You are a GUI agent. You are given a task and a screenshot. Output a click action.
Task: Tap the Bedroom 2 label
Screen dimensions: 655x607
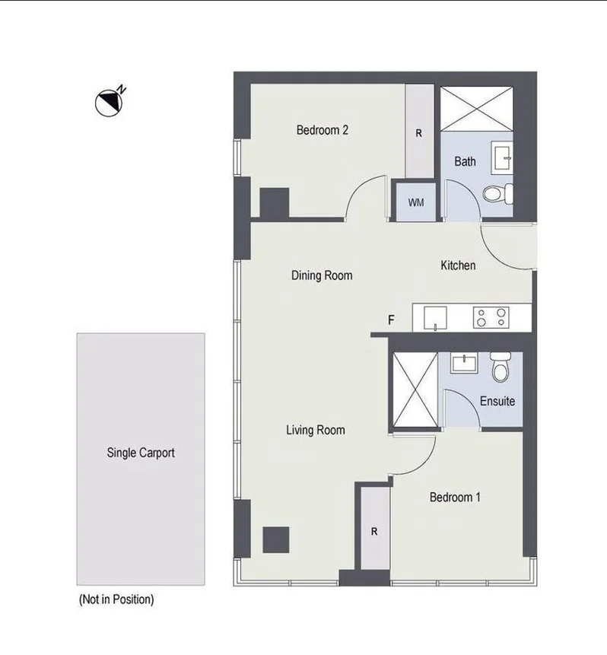coord(322,130)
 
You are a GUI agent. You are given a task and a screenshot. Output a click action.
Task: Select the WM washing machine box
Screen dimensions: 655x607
coord(415,202)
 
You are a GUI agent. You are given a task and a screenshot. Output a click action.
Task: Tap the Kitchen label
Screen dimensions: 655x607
coord(458,265)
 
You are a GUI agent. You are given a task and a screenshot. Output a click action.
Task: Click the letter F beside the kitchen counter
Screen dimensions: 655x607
coord(391,320)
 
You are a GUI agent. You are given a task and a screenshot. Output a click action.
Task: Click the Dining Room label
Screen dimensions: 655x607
coord(322,275)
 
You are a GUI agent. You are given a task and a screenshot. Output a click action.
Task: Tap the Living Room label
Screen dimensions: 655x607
coord(315,431)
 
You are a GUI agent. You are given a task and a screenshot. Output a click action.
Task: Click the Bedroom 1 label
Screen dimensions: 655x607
coord(455,498)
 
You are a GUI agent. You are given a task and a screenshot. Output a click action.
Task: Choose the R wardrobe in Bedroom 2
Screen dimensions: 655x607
coord(418,132)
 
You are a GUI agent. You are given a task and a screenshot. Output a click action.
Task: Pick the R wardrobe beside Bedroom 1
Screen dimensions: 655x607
coord(373,532)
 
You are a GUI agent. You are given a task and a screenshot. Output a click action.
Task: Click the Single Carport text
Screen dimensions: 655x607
coord(141,453)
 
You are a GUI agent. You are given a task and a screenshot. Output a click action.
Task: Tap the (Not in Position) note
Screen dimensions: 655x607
coord(116,599)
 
